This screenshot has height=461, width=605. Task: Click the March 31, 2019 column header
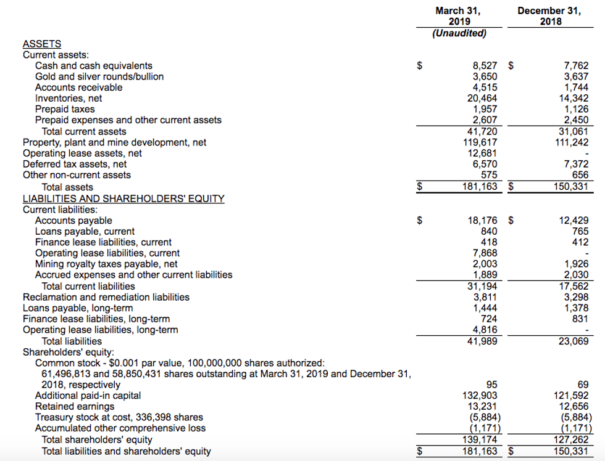[x=457, y=16]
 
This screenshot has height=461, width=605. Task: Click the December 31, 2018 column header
[x=549, y=16]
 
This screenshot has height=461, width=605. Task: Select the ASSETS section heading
[x=42, y=44]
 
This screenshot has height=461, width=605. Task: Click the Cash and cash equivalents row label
[x=94, y=65]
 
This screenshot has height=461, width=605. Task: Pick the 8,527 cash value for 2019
[x=485, y=65]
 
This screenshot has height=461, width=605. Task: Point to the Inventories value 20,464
[x=482, y=98]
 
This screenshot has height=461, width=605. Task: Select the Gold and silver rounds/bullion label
[x=99, y=76]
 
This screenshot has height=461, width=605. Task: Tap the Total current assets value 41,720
[x=482, y=131]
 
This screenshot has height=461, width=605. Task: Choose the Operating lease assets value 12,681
[x=482, y=153]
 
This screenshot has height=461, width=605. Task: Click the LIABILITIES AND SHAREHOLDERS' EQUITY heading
[x=123, y=198]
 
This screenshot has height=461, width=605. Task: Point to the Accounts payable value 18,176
[x=482, y=220]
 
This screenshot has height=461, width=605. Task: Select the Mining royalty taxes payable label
[x=106, y=264]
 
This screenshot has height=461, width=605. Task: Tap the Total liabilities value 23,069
[x=574, y=341]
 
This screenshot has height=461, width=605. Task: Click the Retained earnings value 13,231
[x=482, y=406]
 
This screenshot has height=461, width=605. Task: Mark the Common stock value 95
[x=491, y=385]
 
